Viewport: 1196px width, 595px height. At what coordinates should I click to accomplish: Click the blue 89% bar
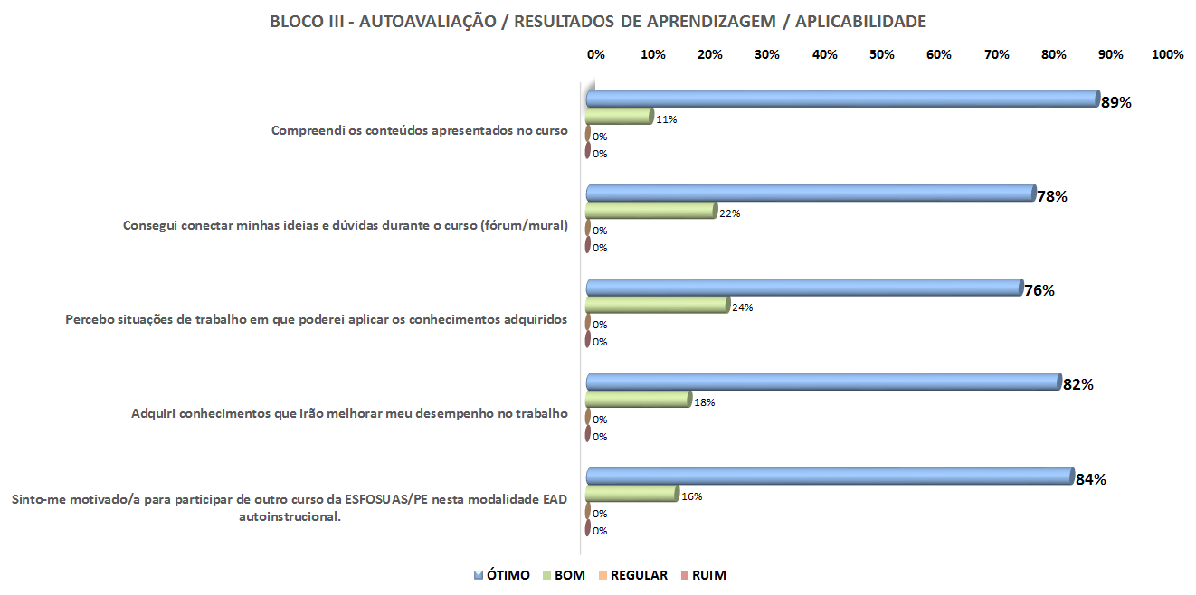click(841, 99)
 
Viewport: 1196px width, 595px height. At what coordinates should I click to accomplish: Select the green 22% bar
click(650, 211)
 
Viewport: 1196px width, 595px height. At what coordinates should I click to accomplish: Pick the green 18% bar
click(638, 399)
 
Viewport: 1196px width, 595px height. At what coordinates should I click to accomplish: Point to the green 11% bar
click(619, 117)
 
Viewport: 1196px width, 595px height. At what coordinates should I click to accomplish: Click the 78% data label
click(1053, 196)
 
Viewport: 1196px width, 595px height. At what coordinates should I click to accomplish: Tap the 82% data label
click(1078, 384)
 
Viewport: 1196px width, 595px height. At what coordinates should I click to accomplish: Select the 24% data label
click(743, 307)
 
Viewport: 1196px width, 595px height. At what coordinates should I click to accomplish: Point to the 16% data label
click(692, 496)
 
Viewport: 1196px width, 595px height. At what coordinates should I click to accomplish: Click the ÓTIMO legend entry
click(502, 575)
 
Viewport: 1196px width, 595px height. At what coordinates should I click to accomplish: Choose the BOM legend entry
click(564, 575)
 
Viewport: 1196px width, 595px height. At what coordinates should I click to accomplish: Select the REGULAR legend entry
click(632, 575)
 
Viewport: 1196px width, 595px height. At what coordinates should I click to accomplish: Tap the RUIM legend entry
click(703, 575)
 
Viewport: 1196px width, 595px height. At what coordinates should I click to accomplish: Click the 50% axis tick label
click(882, 54)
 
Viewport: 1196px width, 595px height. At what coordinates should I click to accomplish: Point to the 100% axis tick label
click(1167, 54)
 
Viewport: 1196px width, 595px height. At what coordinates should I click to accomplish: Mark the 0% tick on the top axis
click(596, 54)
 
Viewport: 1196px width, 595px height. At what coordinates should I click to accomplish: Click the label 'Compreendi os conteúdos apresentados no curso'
click(420, 130)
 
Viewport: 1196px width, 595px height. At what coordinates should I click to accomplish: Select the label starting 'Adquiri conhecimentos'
click(349, 413)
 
